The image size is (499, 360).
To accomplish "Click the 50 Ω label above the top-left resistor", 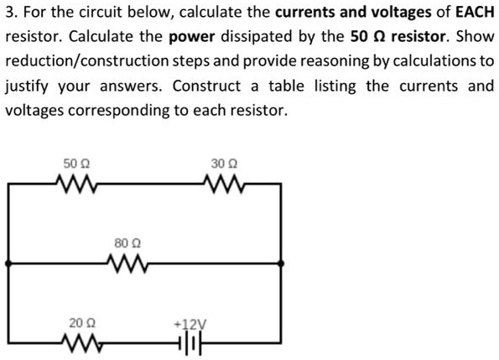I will point(74,164).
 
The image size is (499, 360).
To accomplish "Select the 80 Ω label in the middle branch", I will point(123,243).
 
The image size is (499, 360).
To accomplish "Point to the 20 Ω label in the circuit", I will point(76,322).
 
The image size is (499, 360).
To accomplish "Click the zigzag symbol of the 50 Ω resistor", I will point(75,183).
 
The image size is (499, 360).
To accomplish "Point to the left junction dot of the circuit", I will point(9,263).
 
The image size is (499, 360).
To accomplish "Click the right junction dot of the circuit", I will point(282,263).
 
